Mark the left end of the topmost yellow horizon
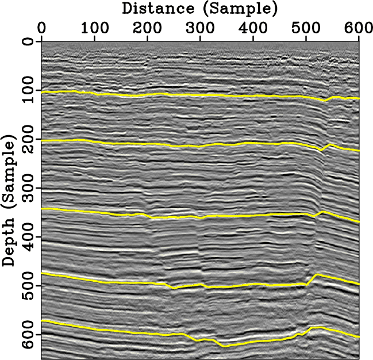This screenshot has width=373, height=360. [42, 91]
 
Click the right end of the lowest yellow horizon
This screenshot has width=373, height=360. [359, 337]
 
